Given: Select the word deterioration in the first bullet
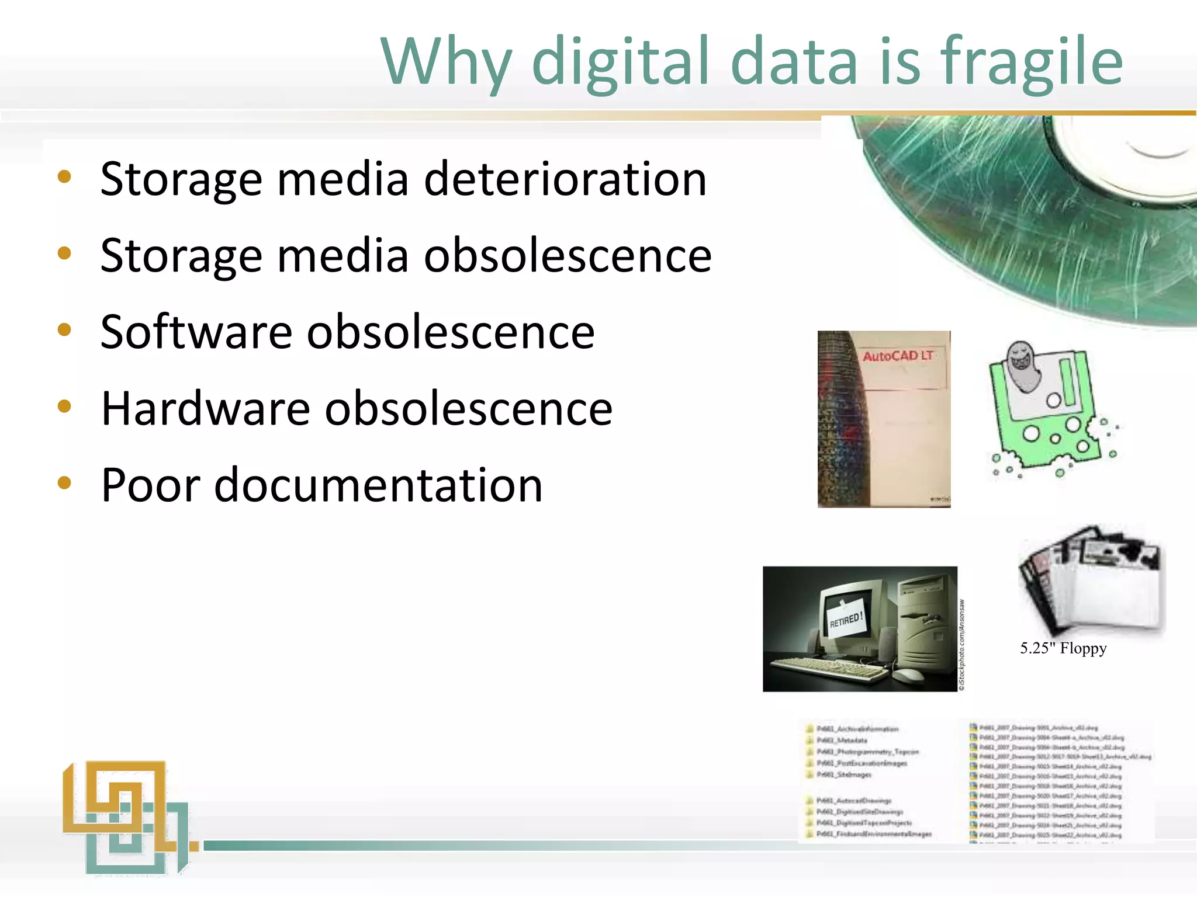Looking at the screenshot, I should point(565,179).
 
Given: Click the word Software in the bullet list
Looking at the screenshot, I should point(196,332).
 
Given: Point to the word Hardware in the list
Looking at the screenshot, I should point(205,408).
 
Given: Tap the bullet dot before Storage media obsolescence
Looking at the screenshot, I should point(64,253).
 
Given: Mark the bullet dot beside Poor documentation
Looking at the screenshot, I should point(64,483).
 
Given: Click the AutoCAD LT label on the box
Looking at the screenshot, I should point(898,356).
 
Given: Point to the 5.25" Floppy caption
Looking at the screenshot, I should point(1063,648).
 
